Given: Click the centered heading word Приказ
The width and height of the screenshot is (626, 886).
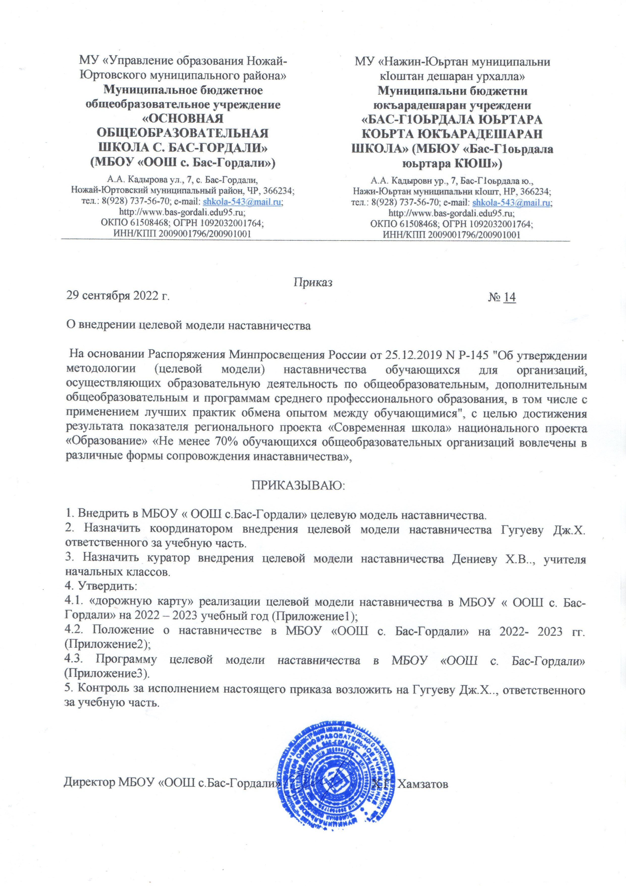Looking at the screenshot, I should [313, 282].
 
